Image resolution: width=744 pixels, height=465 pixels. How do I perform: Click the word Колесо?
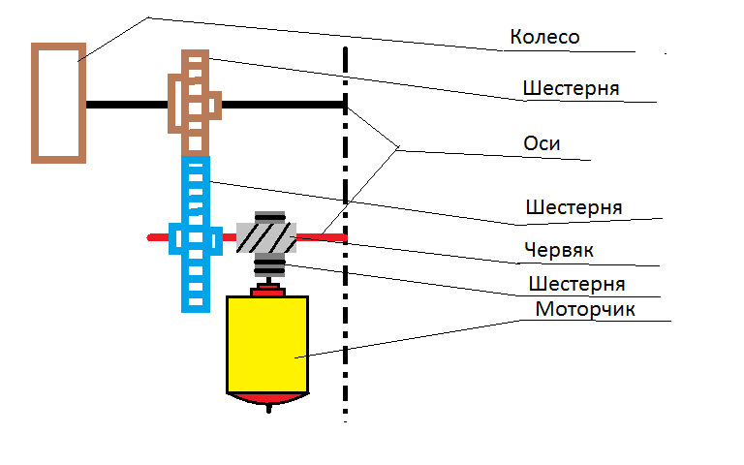[543, 38]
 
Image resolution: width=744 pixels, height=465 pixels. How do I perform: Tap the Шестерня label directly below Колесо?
[571, 88]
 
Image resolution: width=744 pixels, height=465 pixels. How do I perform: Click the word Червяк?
[559, 250]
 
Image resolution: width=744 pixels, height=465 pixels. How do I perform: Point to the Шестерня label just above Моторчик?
[576, 284]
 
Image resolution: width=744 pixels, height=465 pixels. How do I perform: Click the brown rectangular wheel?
[58, 102]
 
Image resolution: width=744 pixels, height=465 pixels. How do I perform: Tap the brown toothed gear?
[196, 102]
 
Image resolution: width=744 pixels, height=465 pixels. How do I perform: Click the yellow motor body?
[267, 344]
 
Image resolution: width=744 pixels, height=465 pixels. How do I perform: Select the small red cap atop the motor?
[267, 290]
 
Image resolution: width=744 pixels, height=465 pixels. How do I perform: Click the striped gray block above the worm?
[269, 217]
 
